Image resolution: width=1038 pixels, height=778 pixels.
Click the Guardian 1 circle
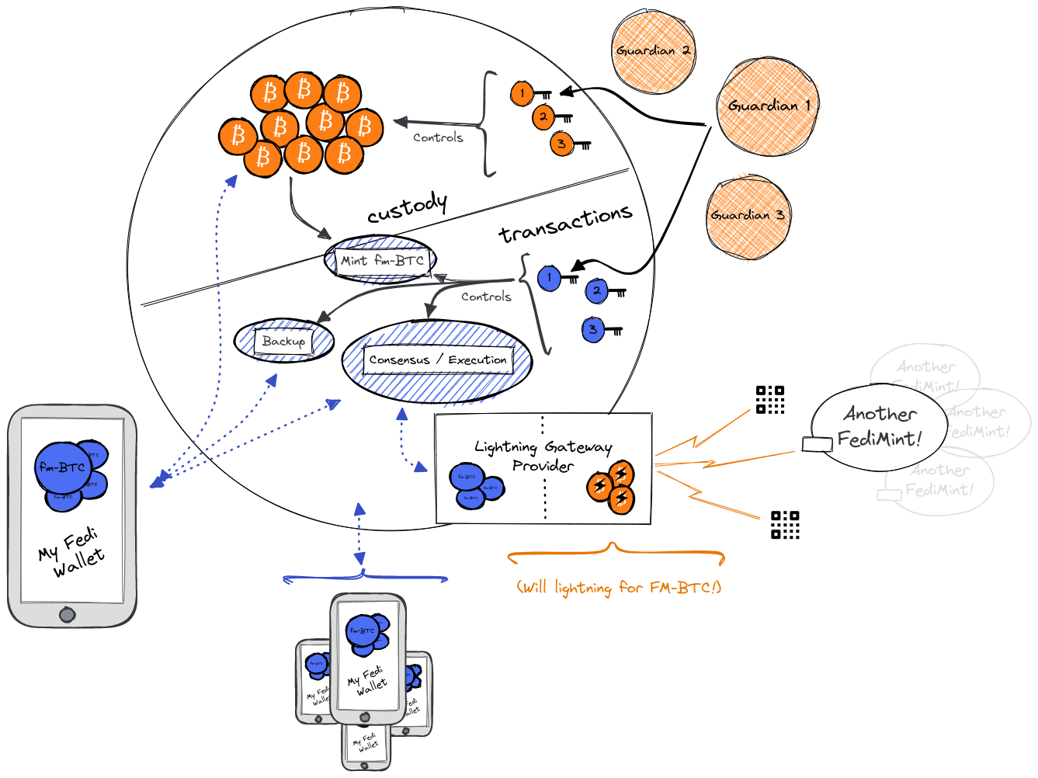click(x=766, y=106)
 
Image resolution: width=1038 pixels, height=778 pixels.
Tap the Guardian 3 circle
click(x=748, y=216)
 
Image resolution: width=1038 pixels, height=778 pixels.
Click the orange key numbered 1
click(x=522, y=93)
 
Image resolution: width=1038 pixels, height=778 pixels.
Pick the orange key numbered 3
click(x=562, y=144)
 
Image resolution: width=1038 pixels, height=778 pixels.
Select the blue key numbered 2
click(x=597, y=290)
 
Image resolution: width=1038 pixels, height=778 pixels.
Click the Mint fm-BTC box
click(x=381, y=260)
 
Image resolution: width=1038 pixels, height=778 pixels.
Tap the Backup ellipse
click(x=284, y=341)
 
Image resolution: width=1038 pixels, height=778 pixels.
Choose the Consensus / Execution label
click(x=438, y=359)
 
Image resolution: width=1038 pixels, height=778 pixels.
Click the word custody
click(x=407, y=207)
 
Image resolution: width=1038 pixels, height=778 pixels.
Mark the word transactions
click(x=565, y=223)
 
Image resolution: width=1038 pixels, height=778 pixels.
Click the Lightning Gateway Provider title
click(x=543, y=456)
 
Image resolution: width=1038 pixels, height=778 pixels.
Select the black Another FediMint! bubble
click(x=879, y=427)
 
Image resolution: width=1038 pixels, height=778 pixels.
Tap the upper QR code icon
click(x=770, y=400)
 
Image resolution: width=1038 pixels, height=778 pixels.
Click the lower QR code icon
click(x=785, y=525)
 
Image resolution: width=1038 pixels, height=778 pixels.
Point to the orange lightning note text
click(x=619, y=588)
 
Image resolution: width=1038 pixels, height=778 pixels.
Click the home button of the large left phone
click(x=68, y=615)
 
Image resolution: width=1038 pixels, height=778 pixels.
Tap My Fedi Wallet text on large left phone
click(x=71, y=552)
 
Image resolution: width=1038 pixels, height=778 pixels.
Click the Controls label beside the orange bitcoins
click(x=438, y=137)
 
